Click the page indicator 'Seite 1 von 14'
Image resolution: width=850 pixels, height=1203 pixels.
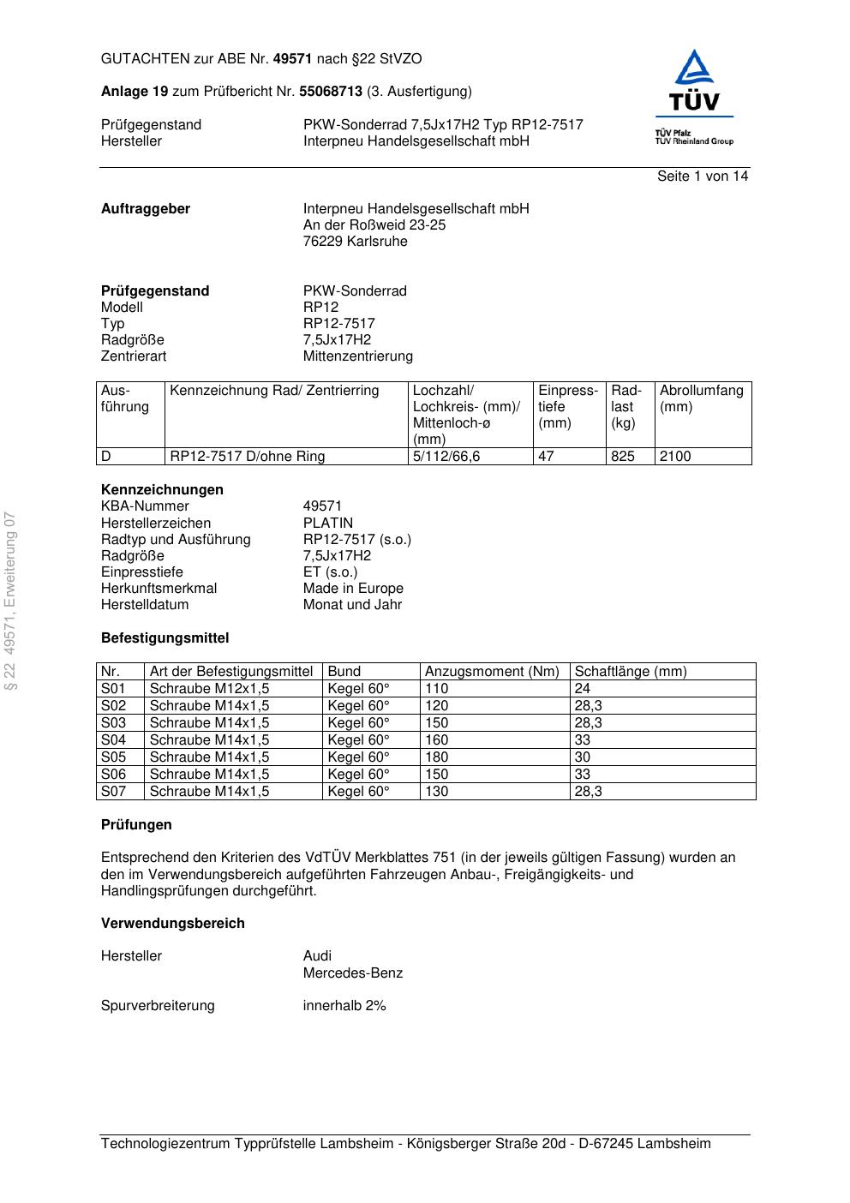click(702, 177)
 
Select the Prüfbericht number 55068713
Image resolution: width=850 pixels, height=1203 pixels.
click(331, 92)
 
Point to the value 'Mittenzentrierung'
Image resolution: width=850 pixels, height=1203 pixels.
click(357, 356)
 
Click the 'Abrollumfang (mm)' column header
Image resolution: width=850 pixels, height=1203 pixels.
click(701, 398)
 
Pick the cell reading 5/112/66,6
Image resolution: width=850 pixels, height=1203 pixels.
click(446, 457)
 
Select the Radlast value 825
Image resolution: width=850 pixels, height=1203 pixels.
click(623, 457)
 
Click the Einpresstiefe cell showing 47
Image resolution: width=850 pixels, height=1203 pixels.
click(546, 457)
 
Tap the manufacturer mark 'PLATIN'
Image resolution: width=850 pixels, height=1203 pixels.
click(327, 524)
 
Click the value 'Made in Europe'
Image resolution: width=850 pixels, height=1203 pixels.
click(353, 589)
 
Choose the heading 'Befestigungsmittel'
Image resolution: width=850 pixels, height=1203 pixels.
click(165, 638)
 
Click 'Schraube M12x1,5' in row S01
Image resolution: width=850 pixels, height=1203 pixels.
click(209, 689)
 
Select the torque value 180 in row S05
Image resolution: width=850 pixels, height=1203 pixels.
click(436, 757)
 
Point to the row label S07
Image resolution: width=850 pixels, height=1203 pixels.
click(113, 792)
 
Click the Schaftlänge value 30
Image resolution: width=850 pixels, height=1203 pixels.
click(582, 757)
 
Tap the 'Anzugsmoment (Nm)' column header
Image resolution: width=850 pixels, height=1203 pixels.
click(492, 672)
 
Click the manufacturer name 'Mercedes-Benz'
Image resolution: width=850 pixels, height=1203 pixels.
click(352, 973)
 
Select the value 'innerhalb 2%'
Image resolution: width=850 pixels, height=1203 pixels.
click(344, 1006)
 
